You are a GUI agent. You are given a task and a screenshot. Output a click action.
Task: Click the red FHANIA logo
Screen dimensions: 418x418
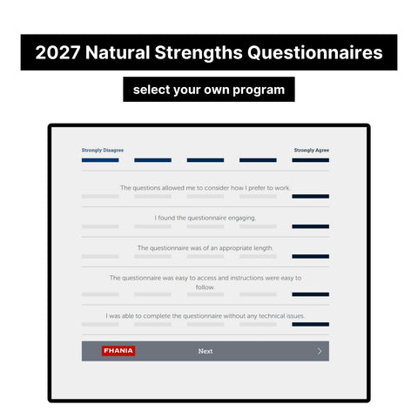pyautogui.click(x=118, y=351)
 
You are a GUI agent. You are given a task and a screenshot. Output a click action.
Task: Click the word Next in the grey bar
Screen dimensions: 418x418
pyautogui.click(x=206, y=351)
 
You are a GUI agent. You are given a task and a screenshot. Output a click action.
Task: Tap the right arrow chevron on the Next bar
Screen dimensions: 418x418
pyautogui.click(x=320, y=351)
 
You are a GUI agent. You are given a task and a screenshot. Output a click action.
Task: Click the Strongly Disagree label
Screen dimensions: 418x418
pyautogui.click(x=103, y=150)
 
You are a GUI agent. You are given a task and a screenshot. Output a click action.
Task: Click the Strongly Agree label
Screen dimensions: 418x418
pyautogui.click(x=312, y=150)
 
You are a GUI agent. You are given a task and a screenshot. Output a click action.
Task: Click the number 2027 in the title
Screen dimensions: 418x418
pyautogui.click(x=57, y=52)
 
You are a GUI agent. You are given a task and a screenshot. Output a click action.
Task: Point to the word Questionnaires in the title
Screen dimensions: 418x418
pyautogui.click(x=315, y=52)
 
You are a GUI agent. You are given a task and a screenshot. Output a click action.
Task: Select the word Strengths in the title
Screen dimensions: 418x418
pyautogui.click(x=199, y=52)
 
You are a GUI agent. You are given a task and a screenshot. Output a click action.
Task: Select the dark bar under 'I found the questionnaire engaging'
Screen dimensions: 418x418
pyautogui.click(x=310, y=226)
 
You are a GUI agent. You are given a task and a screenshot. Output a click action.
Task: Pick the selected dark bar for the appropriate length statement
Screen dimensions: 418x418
pyautogui.click(x=310, y=256)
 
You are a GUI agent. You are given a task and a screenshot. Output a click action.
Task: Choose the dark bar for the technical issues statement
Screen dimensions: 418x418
pyautogui.click(x=310, y=324)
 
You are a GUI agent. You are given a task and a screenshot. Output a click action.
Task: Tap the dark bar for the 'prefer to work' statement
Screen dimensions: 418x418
pyautogui.click(x=310, y=196)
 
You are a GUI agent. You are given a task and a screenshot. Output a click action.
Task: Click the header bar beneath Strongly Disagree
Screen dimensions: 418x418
pyautogui.click(x=100, y=160)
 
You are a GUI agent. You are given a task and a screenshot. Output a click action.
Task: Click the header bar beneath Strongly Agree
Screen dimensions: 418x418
pyautogui.click(x=310, y=160)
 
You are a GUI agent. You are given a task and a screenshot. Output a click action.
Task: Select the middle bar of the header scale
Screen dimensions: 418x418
pyautogui.click(x=206, y=160)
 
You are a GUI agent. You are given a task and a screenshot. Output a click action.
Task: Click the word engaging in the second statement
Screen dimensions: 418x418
pyautogui.click(x=242, y=218)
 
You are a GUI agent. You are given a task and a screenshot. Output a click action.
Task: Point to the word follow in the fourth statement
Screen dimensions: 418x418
pyautogui.click(x=205, y=287)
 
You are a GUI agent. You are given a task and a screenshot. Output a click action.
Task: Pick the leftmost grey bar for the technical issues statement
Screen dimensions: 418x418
pyautogui.click(x=100, y=324)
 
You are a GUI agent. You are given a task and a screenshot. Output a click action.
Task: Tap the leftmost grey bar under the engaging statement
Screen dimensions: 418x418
pyautogui.click(x=100, y=226)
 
